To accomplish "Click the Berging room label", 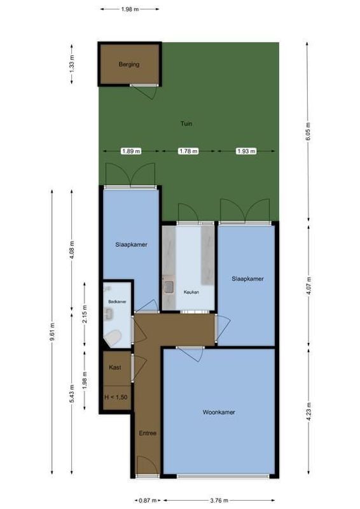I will [128, 64].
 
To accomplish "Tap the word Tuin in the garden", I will [186, 124].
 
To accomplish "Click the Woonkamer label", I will [219, 412].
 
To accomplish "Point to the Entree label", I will [148, 433].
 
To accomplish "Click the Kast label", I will [115, 368].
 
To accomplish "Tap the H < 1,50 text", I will [115, 398].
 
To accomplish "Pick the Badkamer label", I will [117, 301].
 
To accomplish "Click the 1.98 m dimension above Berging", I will [130, 10].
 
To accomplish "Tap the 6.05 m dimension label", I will [308, 133].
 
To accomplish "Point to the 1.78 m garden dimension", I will [188, 151].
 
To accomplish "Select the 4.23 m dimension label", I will [308, 412].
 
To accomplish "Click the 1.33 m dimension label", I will [72, 64].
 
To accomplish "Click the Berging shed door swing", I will [148, 92].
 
